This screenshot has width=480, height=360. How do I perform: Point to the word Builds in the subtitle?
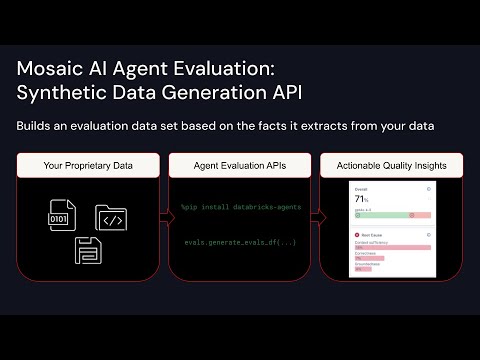coord(37,127)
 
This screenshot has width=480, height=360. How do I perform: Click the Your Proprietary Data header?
coord(88,164)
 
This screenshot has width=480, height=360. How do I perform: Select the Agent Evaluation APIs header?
coord(239,164)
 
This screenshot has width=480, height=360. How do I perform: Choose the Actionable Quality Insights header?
coord(391,164)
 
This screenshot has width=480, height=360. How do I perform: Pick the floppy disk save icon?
coord(87,250)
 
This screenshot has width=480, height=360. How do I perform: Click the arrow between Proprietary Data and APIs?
coord(161,214)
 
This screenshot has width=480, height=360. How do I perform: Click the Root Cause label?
coord(373,236)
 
